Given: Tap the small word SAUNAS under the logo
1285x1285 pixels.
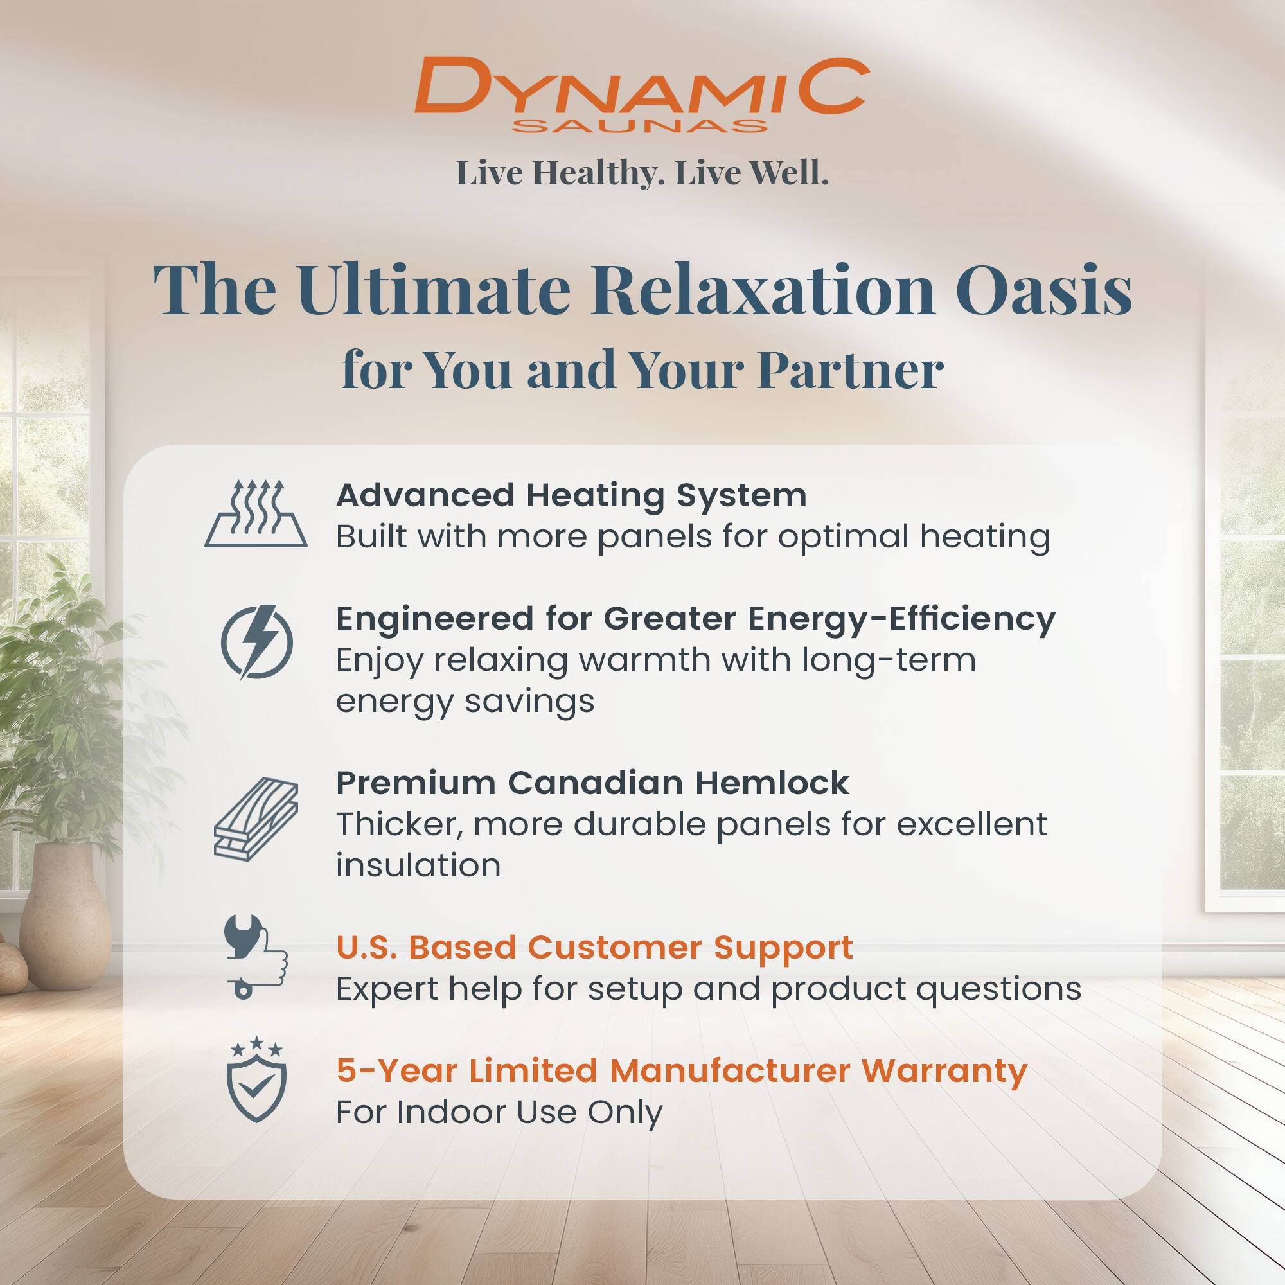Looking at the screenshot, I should coord(640,127).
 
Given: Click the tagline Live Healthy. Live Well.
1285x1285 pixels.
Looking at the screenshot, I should coord(642,173).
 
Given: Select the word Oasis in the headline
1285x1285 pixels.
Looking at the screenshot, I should coord(1043,290).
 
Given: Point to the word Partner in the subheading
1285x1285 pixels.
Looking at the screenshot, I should coord(851,370).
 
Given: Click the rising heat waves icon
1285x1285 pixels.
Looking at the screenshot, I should coord(256,513).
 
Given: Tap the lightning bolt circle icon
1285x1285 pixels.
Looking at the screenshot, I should coord(257,642).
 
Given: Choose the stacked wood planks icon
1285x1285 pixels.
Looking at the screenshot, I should coord(256,819).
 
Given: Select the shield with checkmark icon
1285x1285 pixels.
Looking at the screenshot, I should coord(256,1081).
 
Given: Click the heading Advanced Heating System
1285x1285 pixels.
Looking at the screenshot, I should coord(571,495).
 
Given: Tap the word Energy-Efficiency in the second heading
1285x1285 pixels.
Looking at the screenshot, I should coord(901,619).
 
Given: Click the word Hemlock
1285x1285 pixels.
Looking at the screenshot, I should coord(772,783).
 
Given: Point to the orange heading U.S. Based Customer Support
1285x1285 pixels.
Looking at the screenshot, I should coord(594,947).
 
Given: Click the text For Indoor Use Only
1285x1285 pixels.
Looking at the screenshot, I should coord(499,1112).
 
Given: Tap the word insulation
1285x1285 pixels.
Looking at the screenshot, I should coord(418,865).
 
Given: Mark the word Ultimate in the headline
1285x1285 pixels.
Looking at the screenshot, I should coord(434,290).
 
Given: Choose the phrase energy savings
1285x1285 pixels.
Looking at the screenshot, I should coord(465,702).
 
